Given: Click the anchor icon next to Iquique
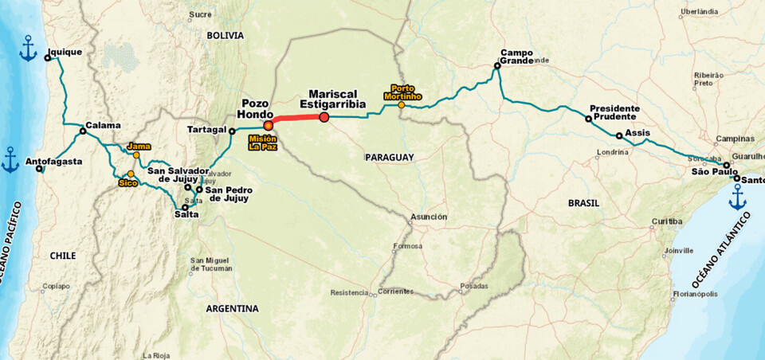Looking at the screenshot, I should point(28,49).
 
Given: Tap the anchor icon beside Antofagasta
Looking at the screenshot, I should point(10,159).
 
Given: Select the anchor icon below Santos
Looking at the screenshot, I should point(738,197).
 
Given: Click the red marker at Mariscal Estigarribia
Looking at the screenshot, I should point(324,118).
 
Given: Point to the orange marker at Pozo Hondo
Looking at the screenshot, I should point(269,125).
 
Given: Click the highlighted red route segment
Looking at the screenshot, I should point(296,120).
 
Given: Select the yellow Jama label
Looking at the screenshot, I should point(138,147).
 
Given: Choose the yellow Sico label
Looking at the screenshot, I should point(127,182).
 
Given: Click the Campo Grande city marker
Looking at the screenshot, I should point(496,66).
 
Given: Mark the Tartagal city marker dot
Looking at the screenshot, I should point(232,131).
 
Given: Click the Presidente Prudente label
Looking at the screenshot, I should point(614,112).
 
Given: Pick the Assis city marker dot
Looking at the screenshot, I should point(619,135).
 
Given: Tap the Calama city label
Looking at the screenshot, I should point(104,125).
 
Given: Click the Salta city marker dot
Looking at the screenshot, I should point(185,207).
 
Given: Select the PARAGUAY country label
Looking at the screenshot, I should point(389,158).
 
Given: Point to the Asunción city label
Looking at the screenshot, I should point(429,217).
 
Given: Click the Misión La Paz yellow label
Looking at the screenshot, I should point(262,143).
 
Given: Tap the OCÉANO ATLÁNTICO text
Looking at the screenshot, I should point(720,250).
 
